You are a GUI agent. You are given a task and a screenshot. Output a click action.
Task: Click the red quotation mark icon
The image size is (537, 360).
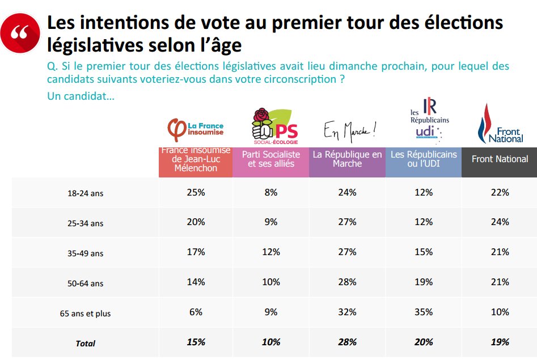coord(20,33)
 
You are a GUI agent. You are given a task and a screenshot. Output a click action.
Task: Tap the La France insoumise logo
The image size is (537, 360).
coord(196,129)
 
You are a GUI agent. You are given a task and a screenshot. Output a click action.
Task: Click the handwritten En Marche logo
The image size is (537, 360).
coord(350,132)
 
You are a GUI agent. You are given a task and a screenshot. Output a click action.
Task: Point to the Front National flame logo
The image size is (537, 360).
coord(500,124)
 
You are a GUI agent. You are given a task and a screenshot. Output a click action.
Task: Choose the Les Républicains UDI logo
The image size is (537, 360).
coord(429,120)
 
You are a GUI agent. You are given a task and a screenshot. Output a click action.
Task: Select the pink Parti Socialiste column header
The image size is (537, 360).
coord(271,162)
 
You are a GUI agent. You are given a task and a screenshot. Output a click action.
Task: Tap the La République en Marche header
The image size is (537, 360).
coord(347,162)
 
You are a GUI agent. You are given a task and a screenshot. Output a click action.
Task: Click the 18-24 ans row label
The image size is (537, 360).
coord(85,193)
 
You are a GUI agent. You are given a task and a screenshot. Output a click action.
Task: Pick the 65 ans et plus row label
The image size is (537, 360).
coord(85,314)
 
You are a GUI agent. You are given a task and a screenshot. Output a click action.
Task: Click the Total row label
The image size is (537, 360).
coord(85,343)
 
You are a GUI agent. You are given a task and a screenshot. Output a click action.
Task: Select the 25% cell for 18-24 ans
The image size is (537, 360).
coord(196,192)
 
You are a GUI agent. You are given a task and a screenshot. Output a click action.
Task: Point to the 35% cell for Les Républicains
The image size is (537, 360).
coord(424,312)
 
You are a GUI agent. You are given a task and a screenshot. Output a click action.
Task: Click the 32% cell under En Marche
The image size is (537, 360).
coord(347,312)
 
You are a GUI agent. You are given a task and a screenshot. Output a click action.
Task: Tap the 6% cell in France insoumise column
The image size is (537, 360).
coord(196,312)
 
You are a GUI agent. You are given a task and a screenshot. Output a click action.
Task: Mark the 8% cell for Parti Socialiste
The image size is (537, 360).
coord(271,192)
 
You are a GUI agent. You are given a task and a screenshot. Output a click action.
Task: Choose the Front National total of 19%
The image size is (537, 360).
coord(500,342)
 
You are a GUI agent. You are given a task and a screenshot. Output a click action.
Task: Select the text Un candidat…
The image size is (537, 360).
coord(81,96)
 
